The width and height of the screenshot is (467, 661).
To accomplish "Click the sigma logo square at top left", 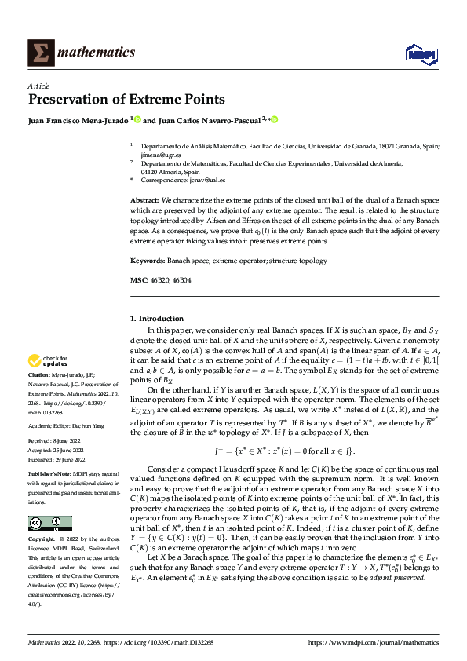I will (38, 53).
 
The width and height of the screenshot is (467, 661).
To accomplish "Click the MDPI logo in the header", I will (419, 53).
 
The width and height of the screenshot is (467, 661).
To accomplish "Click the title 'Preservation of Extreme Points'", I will (126, 100).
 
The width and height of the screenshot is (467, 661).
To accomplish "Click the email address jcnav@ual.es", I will (210, 180).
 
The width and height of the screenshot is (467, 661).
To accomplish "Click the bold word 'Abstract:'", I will (145, 201).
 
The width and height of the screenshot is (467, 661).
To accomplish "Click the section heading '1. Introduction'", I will (156, 319).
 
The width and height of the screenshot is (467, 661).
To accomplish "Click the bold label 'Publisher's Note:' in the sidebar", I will (49, 475).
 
